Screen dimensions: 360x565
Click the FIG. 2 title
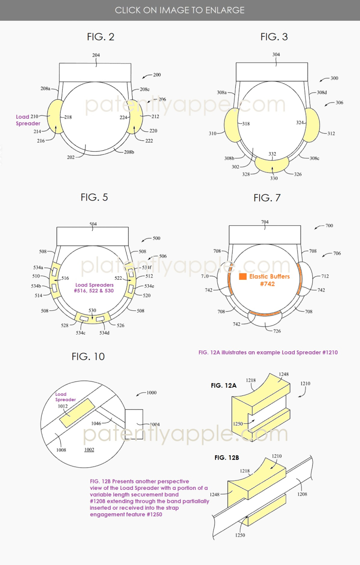point(101,37)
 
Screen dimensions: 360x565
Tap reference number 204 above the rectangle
point(96,55)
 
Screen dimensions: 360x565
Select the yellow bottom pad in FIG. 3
point(272,164)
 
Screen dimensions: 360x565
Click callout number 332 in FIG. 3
point(272,154)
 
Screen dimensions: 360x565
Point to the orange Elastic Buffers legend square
point(243,277)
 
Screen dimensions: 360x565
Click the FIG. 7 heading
point(267,198)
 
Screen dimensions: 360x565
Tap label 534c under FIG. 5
point(81,333)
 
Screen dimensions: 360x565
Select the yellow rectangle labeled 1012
point(77,413)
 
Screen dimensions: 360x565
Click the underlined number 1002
point(89,449)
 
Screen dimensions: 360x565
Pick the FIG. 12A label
point(224,386)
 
